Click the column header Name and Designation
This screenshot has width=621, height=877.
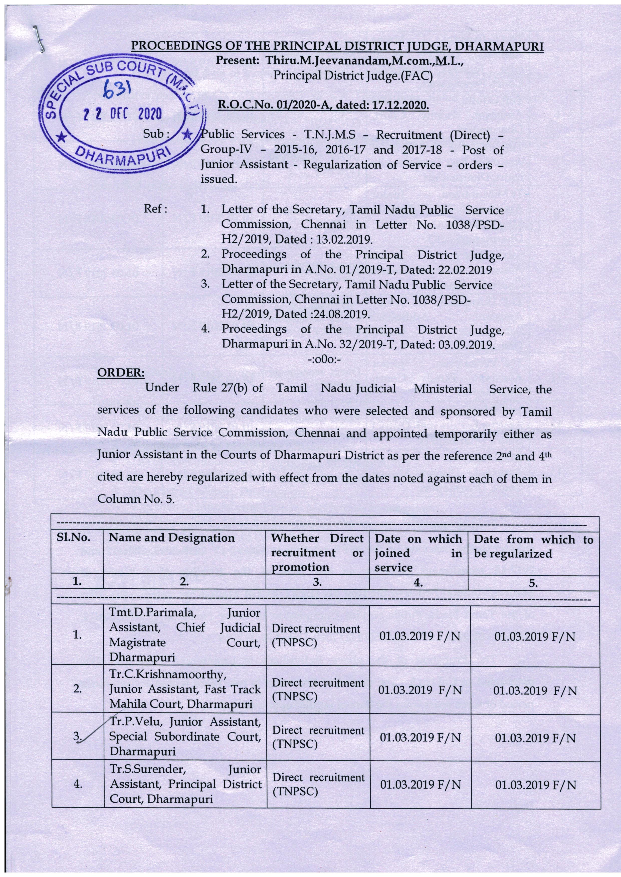coord(172,538)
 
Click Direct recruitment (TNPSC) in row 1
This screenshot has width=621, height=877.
coord(316,635)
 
